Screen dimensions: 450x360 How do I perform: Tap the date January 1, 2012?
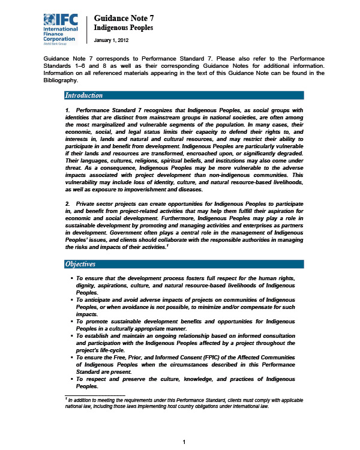pyautogui.click(x=111, y=41)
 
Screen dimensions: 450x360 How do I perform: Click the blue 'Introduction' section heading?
pyautogui.click(x=84, y=95)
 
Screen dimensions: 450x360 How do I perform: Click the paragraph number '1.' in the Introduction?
pyautogui.click(x=68, y=110)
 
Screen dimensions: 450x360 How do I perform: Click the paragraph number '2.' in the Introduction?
pyautogui.click(x=68, y=206)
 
